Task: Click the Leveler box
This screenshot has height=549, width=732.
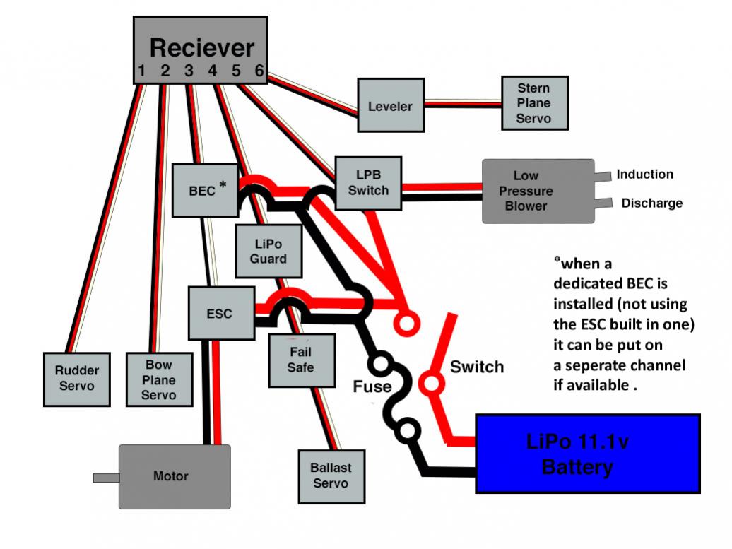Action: point(391,105)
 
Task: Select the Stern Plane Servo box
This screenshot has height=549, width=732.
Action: point(535,102)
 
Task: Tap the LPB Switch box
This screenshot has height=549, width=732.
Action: point(368,183)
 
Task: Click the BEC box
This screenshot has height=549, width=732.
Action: point(205,191)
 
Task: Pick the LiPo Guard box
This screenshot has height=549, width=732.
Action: point(268,251)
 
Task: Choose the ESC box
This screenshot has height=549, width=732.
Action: point(221,313)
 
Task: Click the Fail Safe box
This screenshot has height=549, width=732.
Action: point(302,360)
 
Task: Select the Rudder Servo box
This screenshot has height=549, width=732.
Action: point(76,379)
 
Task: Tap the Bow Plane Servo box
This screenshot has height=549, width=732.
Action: point(159,379)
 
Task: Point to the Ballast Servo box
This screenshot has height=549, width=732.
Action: point(331,477)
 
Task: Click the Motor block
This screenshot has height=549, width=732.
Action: point(175,477)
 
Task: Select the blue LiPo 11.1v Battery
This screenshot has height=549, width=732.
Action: point(588,454)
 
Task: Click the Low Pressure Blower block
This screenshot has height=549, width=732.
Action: point(538,191)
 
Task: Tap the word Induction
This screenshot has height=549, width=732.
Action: point(644,174)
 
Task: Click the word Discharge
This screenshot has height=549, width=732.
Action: point(651,203)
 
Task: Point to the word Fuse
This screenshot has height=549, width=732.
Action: point(372,386)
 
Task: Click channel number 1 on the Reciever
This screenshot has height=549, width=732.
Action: point(141,71)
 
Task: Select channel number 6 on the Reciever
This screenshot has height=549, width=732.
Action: point(259,71)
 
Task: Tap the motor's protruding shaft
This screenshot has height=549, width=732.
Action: point(106,478)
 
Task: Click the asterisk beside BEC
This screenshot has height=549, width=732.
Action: point(223,184)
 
